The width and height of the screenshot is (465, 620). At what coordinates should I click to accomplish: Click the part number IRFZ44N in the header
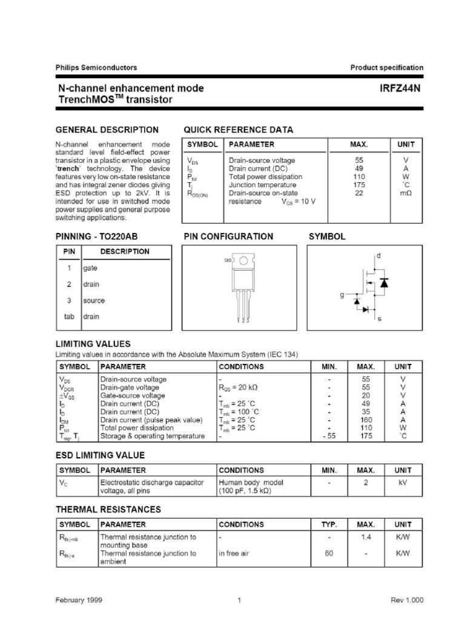(x=400, y=88)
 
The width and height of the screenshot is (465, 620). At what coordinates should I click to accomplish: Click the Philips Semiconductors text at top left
(x=96, y=68)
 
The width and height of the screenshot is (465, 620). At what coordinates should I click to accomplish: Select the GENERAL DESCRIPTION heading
(x=107, y=130)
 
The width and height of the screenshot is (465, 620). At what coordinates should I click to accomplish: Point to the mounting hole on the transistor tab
(x=243, y=261)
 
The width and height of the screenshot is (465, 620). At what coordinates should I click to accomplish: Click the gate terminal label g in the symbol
(x=342, y=295)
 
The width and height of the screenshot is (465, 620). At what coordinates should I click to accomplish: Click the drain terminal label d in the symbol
(x=379, y=256)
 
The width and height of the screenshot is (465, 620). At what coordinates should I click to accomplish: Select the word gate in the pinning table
(x=91, y=268)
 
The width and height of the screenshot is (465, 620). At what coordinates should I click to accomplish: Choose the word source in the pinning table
(x=94, y=300)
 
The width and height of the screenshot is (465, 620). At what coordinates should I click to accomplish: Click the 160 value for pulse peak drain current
(x=365, y=420)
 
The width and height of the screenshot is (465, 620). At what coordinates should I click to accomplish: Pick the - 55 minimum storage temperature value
(x=329, y=436)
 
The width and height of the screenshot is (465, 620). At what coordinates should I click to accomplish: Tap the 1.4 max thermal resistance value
(x=366, y=537)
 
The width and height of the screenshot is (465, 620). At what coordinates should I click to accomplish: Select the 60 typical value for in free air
(x=329, y=553)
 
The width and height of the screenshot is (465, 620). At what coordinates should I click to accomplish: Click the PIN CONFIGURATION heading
(x=228, y=237)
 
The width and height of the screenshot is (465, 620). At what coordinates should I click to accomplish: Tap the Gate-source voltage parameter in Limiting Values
(x=132, y=395)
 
